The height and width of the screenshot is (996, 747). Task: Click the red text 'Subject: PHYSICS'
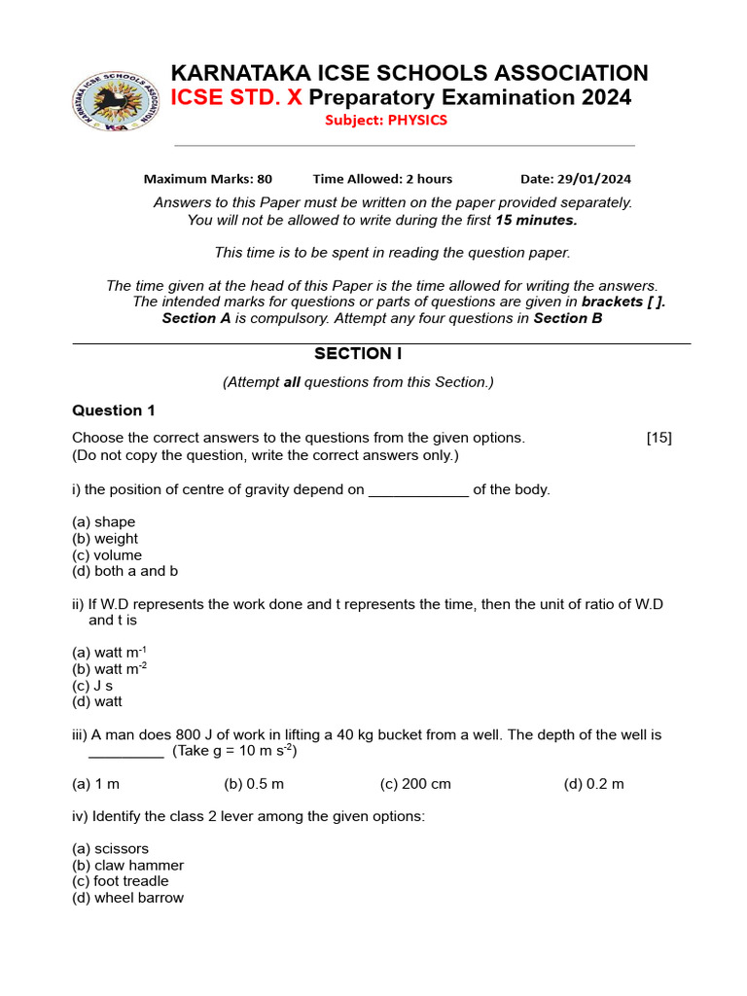pos(386,121)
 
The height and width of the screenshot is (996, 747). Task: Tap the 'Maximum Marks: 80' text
pos(208,179)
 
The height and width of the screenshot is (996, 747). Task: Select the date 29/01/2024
pos(576,179)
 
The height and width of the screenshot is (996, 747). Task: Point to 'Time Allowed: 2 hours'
pos(382,179)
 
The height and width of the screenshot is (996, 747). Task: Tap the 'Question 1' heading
pos(114,410)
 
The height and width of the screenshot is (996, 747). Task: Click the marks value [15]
pos(658,438)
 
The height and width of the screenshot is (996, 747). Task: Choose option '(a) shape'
pos(104,522)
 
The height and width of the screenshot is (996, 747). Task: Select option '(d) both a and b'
pos(125,572)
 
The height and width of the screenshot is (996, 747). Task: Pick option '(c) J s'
pos(93,686)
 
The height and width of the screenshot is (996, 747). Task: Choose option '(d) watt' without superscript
pos(97,702)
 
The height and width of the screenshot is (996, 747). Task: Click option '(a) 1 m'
pos(96,784)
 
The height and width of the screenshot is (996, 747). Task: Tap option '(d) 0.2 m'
pos(593,784)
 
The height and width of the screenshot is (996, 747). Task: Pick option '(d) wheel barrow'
pos(128,898)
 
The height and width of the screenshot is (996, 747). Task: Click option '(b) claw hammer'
pos(128,866)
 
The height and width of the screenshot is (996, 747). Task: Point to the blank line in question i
pos(418,491)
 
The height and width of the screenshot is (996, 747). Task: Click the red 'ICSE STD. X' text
pos(236,97)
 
